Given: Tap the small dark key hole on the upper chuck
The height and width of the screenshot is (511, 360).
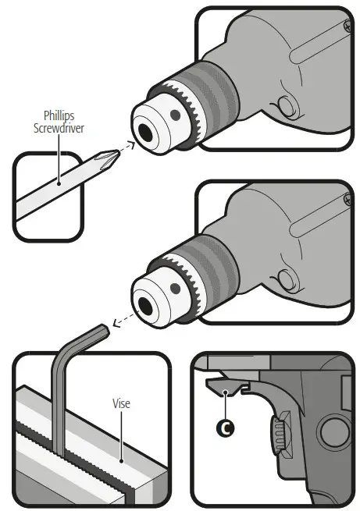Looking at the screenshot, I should tap(176, 115).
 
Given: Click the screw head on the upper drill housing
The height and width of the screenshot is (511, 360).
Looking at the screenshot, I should tap(342, 28).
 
